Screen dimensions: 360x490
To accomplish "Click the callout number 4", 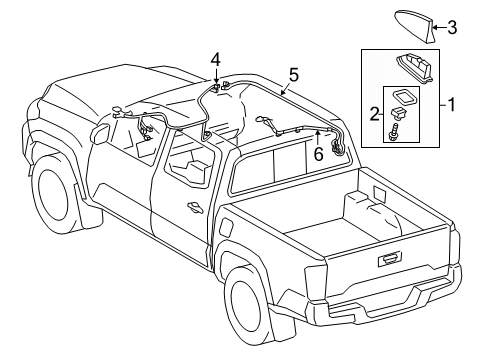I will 214,60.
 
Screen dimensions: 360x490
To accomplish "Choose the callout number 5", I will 292,74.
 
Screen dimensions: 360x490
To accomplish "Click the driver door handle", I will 192,208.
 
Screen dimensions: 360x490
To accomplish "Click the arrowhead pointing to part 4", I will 214,85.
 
